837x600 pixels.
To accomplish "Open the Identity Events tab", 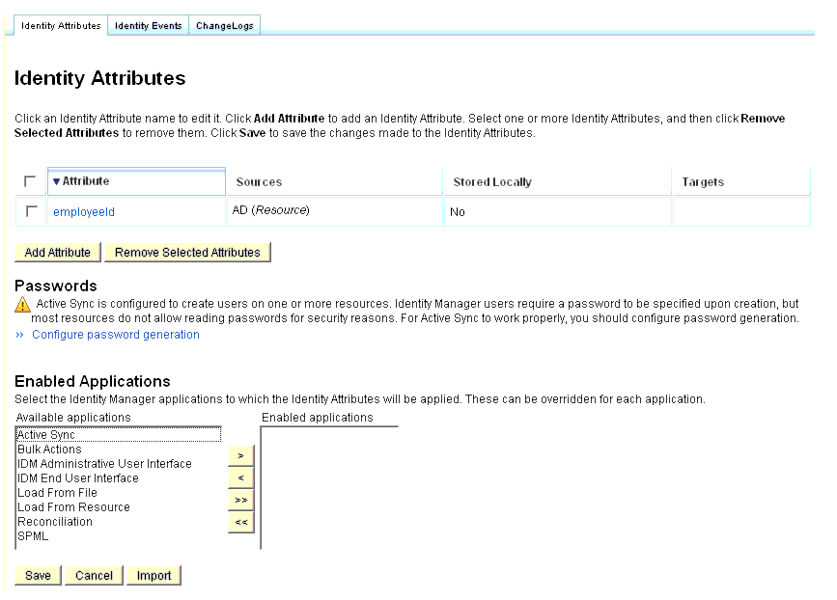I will coord(148,26).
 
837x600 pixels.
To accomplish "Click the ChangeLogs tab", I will coord(225,26).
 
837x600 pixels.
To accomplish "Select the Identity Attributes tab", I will coord(61,26).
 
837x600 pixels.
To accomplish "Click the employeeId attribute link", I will coord(84,212).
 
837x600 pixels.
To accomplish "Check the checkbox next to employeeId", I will coord(31,211).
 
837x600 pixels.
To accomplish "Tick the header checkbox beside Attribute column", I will coord(31,181).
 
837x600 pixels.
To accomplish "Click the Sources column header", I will coord(259,182).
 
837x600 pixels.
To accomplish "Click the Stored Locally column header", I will coord(492,182).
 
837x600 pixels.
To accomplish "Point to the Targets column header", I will coord(703,182).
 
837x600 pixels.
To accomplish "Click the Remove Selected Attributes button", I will coord(187,253).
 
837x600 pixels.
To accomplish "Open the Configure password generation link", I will coord(116,335).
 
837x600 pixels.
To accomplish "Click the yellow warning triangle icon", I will coord(23,306).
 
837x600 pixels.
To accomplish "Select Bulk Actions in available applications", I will coord(49,450).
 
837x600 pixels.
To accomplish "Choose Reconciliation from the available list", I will coord(55,522).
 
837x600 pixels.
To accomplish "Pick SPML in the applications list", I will coord(33,536).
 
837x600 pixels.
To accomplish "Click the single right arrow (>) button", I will coord(240,454).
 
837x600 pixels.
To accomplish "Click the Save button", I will coord(39,576).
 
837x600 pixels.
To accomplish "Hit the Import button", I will coord(153,576).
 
